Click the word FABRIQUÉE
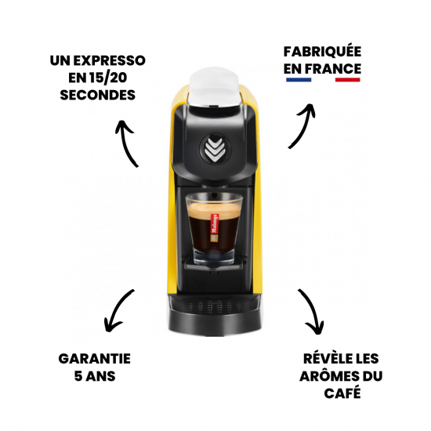click(322, 52)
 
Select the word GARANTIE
click(94, 358)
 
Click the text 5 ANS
click(94, 375)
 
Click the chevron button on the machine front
click(215, 149)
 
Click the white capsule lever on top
click(215, 88)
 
